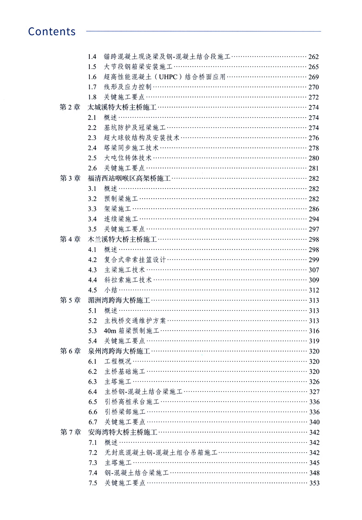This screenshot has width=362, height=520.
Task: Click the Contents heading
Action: (x=52, y=32)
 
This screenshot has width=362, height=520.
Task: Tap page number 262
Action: (x=314, y=57)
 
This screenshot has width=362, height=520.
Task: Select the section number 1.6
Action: (x=92, y=77)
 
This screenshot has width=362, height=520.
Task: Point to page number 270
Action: (x=314, y=87)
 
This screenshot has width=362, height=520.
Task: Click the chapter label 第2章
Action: (x=70, y=107)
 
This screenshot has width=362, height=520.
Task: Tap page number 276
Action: (x=314, y=138)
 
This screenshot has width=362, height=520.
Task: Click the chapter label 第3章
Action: (x=70, y=178)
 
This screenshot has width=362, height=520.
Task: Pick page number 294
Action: (x=314, y=219)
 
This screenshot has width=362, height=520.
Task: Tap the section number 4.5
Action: (x=92, y=290)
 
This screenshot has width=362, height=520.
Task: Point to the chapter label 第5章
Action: (x=70, y=300)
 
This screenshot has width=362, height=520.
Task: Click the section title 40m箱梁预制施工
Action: (x=132, y=330)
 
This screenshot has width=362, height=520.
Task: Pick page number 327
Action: (x=314, y=391)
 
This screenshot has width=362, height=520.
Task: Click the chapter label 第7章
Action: (x=70, y=432)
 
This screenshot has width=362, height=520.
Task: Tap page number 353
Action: (x=314, y=483)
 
